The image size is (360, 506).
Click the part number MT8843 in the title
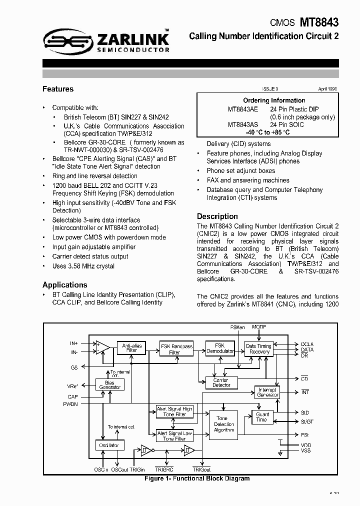319,22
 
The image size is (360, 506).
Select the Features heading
58,89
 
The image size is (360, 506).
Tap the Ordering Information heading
274,100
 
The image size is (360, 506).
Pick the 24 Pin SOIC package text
287,125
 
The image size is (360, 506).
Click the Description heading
217,216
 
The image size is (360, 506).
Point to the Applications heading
65,285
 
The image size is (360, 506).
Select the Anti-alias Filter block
131,347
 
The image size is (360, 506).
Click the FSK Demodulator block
220,348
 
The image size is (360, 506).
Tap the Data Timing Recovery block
258,348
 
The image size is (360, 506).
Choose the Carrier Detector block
221,382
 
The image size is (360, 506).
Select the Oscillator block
109,445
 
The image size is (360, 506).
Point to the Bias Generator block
109,384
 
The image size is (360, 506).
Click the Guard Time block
262,417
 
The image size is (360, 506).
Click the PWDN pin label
70,404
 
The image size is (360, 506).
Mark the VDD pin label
305,445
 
